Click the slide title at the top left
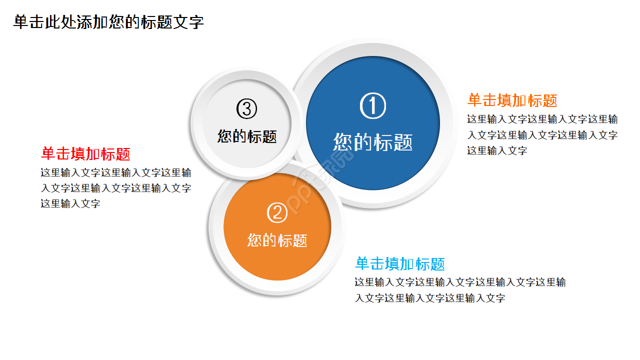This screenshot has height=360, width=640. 108,22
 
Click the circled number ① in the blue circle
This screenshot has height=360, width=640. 373,106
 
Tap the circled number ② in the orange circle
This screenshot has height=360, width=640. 277,213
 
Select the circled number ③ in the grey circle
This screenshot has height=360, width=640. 246,108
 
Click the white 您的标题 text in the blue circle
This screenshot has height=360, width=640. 373,142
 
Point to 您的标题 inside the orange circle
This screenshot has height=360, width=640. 277,240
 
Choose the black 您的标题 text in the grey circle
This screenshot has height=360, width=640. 247,136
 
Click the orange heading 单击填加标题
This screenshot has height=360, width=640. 512,100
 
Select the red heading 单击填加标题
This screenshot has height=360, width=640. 85,154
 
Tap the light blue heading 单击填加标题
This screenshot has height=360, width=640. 400,263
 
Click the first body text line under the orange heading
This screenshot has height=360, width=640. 542,119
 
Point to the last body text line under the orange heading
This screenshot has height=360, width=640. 497,150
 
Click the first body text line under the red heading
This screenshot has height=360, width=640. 116,173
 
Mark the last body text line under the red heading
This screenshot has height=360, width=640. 70,204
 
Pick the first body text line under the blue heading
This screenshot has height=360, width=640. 460,282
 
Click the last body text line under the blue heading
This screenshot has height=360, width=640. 430,298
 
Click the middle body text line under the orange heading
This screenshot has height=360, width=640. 542,135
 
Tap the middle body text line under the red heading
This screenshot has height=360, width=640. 116,188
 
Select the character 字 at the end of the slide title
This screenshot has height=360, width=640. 196,22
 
